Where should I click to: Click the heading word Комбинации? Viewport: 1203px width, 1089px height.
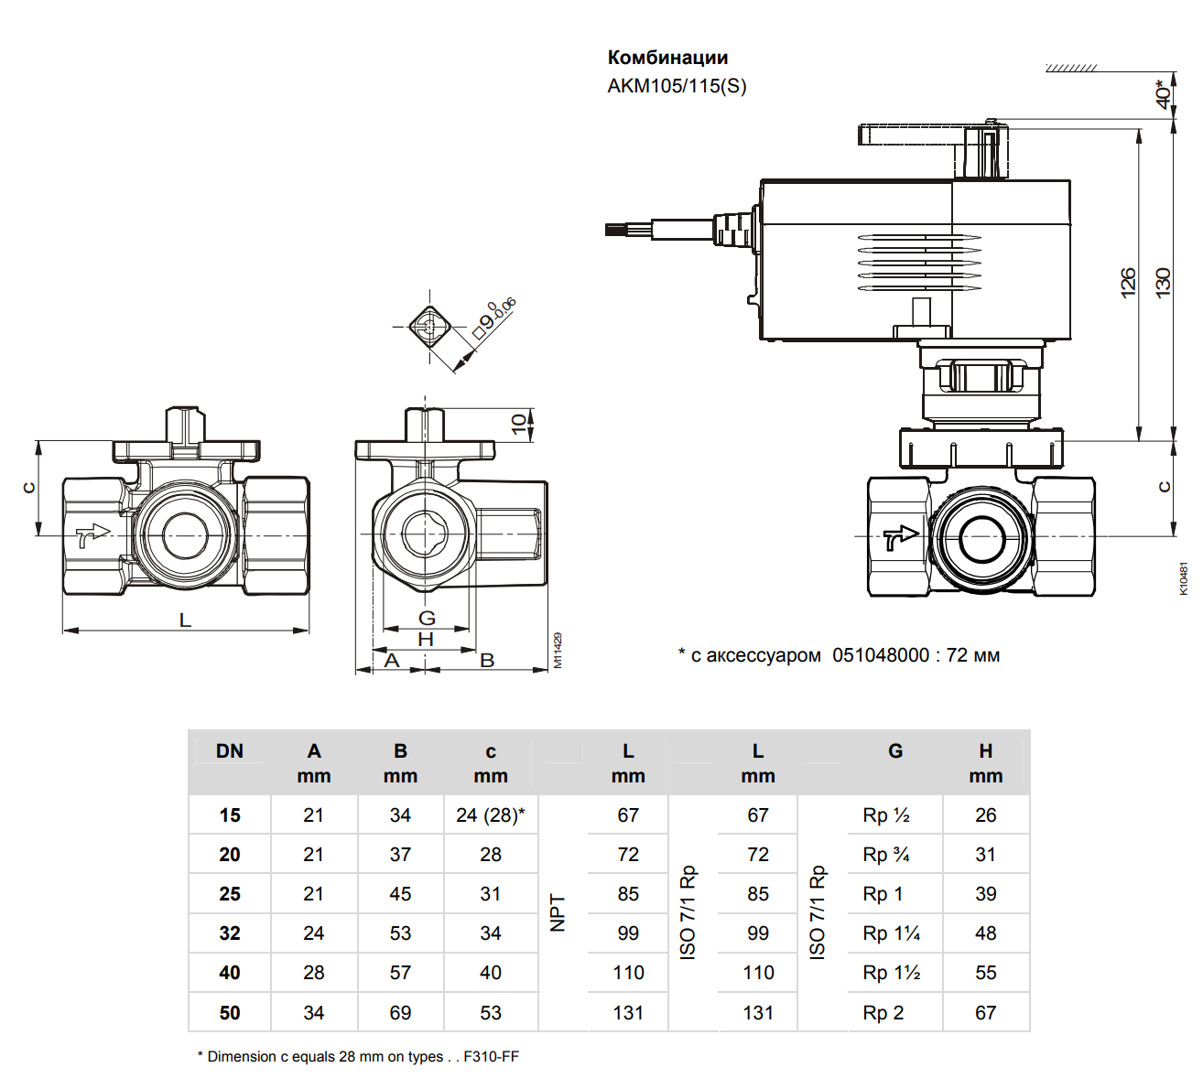point(667,58)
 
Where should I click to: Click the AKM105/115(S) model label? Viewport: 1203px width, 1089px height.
point(677,86)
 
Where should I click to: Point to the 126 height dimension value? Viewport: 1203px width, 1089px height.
point(1128,281)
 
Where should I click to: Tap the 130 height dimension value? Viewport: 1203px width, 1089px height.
point(1163,281)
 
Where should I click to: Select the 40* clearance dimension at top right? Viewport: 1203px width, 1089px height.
point(1163,92)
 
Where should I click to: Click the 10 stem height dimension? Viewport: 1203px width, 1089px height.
point(519,424)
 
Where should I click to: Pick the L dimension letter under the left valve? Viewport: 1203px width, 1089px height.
point(185,620)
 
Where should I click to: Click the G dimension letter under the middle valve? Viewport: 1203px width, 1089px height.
point(427,619)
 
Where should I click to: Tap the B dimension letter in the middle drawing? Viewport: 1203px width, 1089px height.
point(487,660)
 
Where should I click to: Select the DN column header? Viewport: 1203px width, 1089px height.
point(230,751)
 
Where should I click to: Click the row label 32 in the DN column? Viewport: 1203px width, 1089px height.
point(230,933)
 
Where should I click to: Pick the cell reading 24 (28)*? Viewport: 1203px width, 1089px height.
point(491,815)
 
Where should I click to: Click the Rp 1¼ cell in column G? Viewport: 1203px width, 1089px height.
point(892,933)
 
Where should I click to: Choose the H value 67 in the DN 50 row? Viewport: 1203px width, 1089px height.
point(985,1013)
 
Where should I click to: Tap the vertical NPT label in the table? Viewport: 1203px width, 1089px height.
point(558,913)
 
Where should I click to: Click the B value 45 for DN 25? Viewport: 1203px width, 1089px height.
point(400,894)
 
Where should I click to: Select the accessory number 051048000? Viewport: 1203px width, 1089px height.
point(881,655)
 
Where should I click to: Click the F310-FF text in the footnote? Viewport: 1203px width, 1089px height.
point(491,1056)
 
